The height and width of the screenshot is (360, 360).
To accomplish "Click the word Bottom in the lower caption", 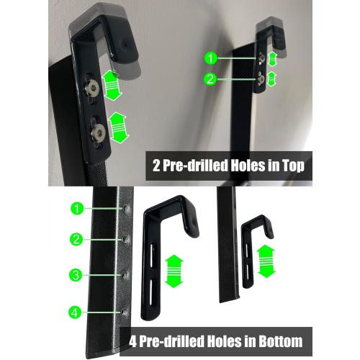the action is [277, 341].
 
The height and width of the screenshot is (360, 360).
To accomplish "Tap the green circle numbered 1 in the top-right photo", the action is [210, 58].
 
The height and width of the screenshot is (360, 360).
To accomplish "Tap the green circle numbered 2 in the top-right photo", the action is [210, 79].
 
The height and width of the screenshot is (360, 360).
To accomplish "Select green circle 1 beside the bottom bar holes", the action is [77, 209].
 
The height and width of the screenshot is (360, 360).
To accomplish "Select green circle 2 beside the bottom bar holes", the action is [76, 239].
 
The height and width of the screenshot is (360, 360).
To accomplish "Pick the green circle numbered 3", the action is [76, 275].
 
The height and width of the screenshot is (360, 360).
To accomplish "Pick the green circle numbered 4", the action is [75, 312].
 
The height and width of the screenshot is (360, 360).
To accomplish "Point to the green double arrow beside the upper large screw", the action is [111, 86].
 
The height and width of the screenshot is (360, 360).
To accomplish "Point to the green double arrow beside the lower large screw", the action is [118, 128].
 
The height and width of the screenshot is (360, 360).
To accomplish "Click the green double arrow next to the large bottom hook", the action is [174, 271].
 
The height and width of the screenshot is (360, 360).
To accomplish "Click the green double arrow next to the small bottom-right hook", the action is [266, 261].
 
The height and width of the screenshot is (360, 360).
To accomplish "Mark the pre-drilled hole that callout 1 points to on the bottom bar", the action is [126, 208].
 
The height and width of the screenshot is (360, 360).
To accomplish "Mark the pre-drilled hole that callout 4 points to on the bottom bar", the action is [123, 312].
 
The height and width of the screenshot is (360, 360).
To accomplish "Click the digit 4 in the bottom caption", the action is [132, 341].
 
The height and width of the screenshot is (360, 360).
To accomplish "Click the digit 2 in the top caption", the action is [156, 166].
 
